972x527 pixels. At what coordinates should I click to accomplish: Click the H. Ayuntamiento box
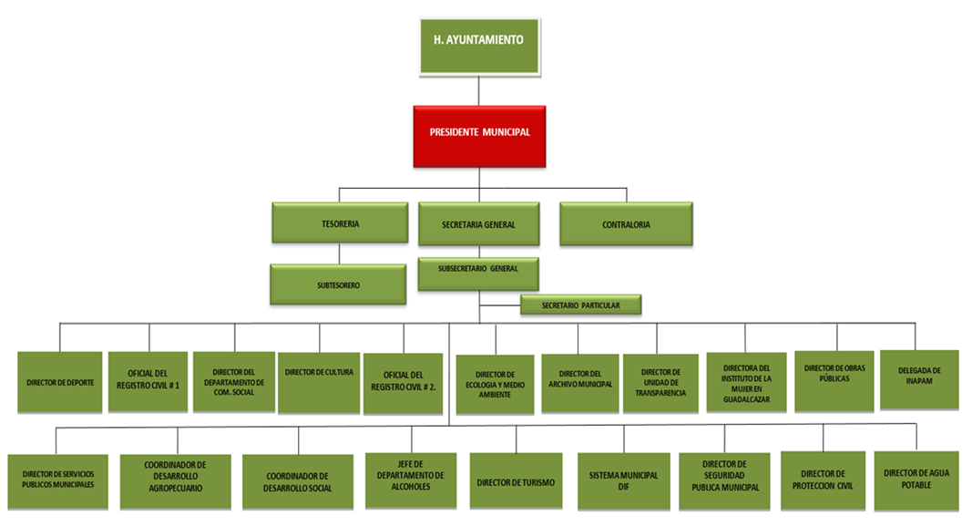[x=478, y=41]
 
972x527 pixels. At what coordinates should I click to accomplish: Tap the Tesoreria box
[x=339, y=223]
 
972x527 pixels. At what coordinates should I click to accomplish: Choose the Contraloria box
[x=626, y=223]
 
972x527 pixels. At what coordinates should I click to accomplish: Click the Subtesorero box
[x=338, y=284]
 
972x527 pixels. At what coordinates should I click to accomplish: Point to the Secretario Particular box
[x=580, y=305]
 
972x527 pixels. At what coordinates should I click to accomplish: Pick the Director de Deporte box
[x=60, y=382]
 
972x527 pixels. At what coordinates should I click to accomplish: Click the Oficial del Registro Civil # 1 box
[x=147, y=381]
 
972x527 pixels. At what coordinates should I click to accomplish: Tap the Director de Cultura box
[x=319, y=382]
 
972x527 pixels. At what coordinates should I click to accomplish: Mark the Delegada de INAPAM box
[x=918, y=378]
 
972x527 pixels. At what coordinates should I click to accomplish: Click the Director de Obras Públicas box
[x=834, y=379]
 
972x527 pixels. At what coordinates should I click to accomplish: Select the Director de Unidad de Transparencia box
[x=660, y=383]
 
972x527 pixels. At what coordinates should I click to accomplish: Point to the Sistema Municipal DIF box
[x=624, y=480]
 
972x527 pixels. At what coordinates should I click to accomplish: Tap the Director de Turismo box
[x=515, y=480]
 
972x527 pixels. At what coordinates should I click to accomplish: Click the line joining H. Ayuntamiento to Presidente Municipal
[x=478, y=90]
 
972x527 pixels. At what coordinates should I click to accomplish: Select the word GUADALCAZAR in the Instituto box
[x=746, y=398]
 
